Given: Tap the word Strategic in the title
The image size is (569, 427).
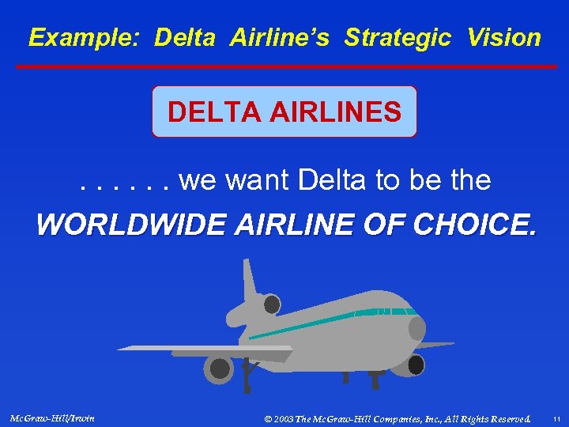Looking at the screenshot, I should [398, 37].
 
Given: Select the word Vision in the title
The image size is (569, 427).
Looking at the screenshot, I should [504, 37].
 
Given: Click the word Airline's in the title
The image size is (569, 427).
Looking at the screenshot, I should [280, 37].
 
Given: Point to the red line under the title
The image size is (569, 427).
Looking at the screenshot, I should [284, 66].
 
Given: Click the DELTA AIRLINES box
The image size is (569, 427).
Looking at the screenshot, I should [284, 111].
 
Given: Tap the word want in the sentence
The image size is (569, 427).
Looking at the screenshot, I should [258, 181].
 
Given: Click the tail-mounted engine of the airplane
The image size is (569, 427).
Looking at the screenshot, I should [271, 304].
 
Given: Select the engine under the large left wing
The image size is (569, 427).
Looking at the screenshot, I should [218, 368].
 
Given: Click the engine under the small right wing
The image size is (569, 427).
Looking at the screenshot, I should [414, 365].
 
